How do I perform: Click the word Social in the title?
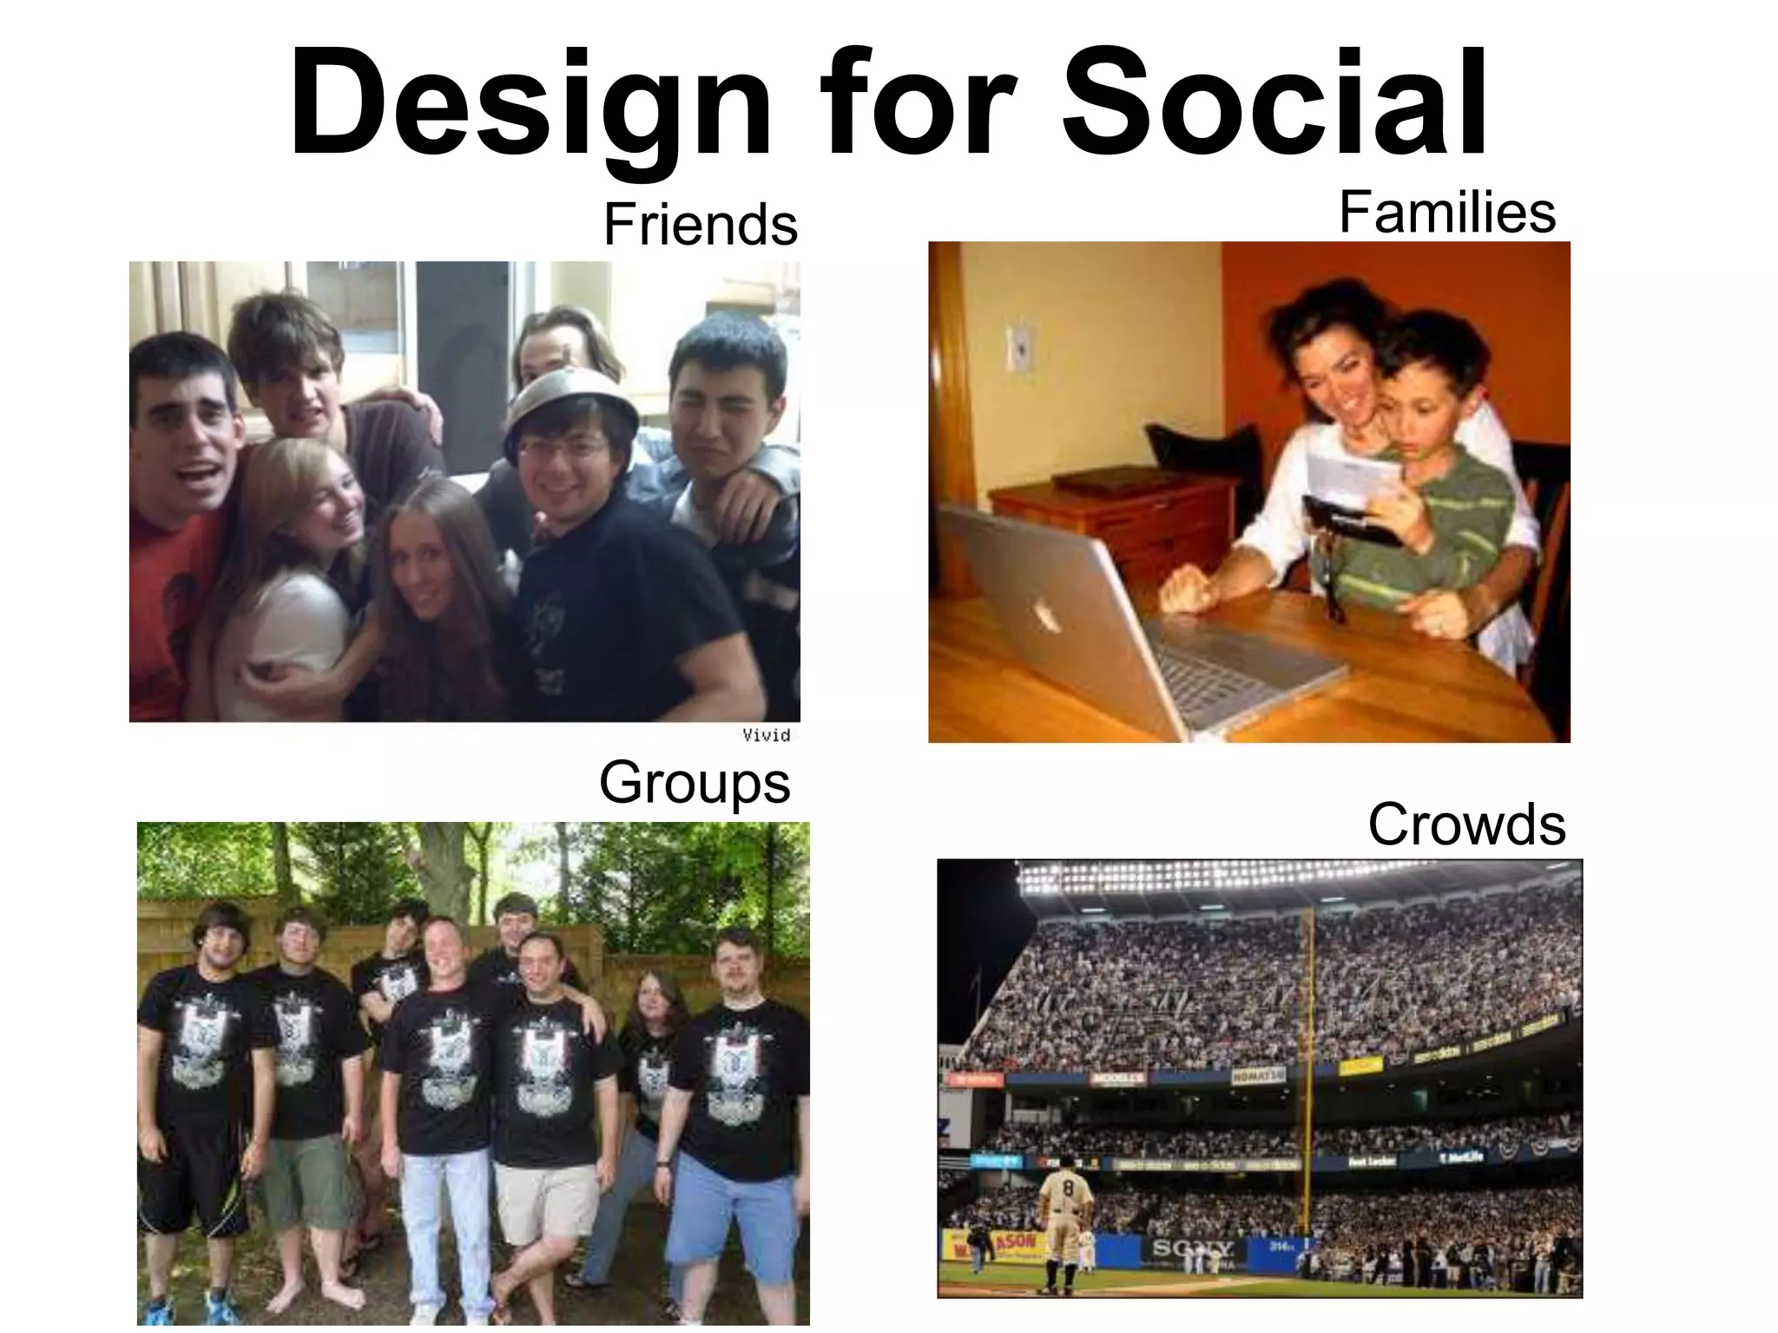click(x=1274, y=104)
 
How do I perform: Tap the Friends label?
click(x=700, y=225)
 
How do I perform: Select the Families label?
click(x=1446, y=213)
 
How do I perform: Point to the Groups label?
click(x=695, y=783)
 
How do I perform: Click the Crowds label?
click(x=1466, y=824)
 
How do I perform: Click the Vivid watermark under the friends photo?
click(x=766, y=735)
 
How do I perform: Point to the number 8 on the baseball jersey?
click(x=1069, y=1185)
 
